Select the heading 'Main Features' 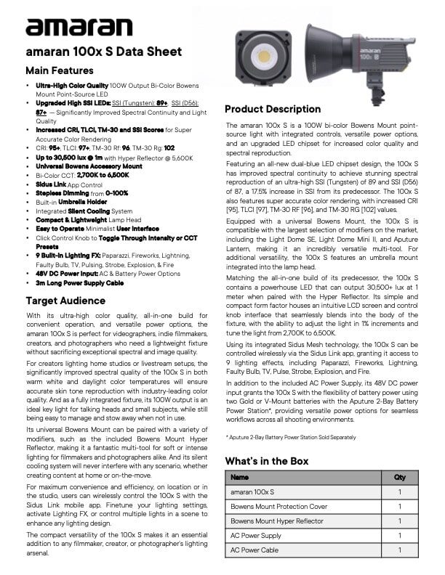(59, 70)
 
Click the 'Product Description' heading (273, 109)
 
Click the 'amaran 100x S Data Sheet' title (93, 52)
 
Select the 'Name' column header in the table (239, 478)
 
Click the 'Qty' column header (399, 478)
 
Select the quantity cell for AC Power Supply (399, 536)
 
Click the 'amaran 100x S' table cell (248, 492)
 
